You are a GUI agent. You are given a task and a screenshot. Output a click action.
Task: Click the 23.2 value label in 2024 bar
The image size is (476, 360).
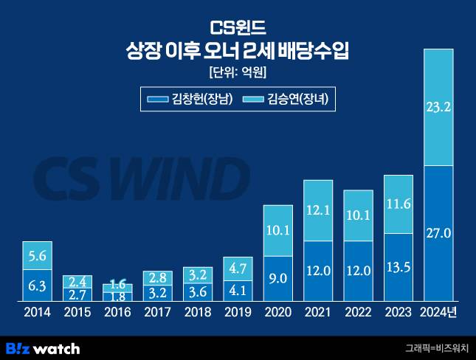(x=439, y=107)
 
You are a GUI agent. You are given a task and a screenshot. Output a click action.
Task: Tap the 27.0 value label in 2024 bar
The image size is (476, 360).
(x=439, y=233)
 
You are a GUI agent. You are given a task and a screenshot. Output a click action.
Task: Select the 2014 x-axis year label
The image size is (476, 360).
(x=37, y=313)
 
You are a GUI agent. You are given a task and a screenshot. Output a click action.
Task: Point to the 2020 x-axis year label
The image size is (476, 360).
(x=278, y=313)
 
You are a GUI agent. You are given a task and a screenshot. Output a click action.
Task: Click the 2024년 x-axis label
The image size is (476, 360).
(x=439, y=313)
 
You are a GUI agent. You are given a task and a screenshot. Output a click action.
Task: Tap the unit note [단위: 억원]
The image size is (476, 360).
(x=238, y=72)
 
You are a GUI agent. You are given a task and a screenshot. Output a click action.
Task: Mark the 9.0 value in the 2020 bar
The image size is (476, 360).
(x=278, y=278)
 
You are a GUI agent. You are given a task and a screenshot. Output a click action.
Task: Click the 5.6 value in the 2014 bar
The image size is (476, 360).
(x=37, y=255)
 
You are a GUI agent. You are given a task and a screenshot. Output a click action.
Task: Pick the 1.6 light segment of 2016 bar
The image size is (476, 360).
(x=117, y=284)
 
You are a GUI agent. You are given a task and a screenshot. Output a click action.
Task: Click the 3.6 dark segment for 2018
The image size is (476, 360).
(x=198, y=291)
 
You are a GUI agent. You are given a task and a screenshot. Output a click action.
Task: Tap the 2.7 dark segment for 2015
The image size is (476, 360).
(x=77, y=294)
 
